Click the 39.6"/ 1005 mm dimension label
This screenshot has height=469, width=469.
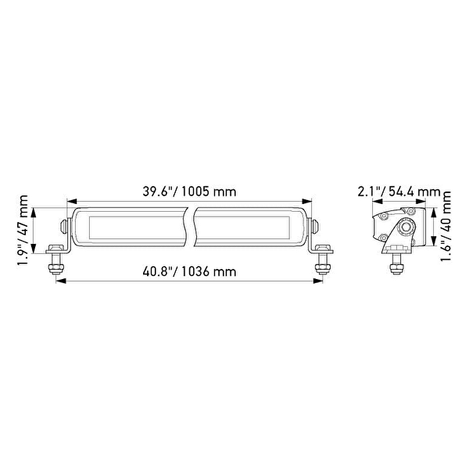click(189, 192)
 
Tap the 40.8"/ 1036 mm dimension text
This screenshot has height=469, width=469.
click(189, 272)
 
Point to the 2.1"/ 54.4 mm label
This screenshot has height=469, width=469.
click(399, 192)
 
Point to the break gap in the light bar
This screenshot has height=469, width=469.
click(189, 227)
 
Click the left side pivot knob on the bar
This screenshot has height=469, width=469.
click(63, 227)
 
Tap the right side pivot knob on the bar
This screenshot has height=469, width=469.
click(315, 227)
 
